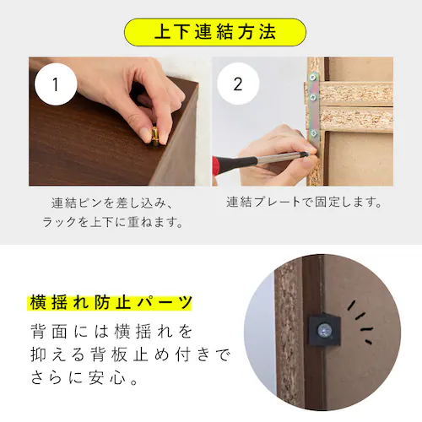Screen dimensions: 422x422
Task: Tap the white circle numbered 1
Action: tap(56, 85)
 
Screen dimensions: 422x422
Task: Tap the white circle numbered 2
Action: tap(237, 85)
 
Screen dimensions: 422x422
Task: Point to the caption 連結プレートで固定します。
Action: tap(305, 203)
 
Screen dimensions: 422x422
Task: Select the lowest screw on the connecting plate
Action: tap(315, 133)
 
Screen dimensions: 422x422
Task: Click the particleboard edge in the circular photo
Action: tap(288, 338)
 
